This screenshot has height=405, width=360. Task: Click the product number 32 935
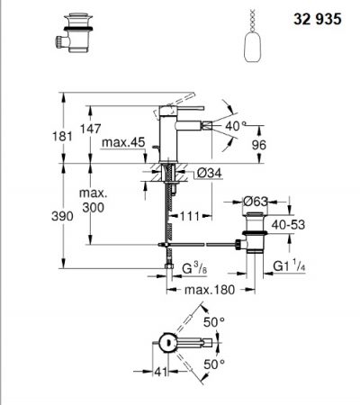coord(318,19)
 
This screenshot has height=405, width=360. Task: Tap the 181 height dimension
coord(62,137)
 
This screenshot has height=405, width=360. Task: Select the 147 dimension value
coord(90,129)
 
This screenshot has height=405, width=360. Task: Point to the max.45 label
coord(123,142)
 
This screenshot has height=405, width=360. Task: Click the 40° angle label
coord(236,126)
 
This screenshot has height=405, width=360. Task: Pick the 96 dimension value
coord(258,145)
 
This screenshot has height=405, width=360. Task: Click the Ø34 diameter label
coord(210,173)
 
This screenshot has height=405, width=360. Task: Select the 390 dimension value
coord(62,216)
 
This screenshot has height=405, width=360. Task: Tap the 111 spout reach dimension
coord(190,216)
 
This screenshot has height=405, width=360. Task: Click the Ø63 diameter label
coord(255,202)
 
